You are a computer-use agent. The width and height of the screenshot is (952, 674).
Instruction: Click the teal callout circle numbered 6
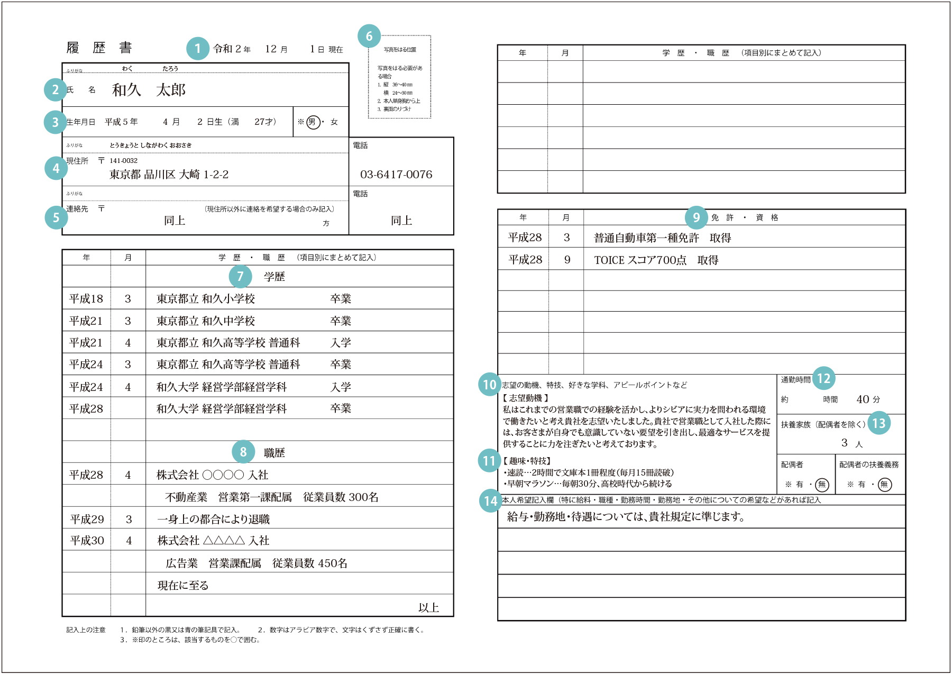(x=369, y=36)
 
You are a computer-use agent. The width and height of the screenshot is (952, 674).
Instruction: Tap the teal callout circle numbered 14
(x=490, y=500)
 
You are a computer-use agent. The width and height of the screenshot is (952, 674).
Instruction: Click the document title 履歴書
(x=99, y=48)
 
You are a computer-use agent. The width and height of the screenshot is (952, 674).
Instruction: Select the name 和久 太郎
(x=149, y=90)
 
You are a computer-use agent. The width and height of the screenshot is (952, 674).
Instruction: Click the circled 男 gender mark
(x=313, y=122)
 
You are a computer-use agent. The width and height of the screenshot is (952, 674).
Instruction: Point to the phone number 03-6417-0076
(x=396, y=175)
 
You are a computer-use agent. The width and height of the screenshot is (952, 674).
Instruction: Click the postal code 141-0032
(x=123, y=161)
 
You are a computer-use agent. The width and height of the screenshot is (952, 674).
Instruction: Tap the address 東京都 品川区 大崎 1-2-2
(x=169, y=175)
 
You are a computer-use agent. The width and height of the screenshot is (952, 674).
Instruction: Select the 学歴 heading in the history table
(x=274, y=277)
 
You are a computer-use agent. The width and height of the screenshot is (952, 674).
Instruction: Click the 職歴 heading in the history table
(x=274, y=453)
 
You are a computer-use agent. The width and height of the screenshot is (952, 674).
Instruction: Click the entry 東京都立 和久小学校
(x=206, y=299)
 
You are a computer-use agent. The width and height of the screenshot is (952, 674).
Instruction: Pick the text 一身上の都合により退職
(x=214, y=520)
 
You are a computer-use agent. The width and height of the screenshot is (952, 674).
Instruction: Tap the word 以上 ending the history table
(x=428, y=607)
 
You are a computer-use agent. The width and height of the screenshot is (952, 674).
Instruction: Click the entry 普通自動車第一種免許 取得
(x=662, y=238)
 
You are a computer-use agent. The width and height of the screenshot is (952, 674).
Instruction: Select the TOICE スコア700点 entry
(x=656, y=260)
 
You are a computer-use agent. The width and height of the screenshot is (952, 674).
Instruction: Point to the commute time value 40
(x=863, y=399)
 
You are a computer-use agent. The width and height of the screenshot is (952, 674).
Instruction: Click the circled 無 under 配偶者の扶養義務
(x=884, y=485)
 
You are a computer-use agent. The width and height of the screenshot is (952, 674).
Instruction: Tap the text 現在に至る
(x=183, y=586)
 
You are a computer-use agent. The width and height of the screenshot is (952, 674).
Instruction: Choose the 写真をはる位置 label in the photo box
(x=400, y=50)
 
